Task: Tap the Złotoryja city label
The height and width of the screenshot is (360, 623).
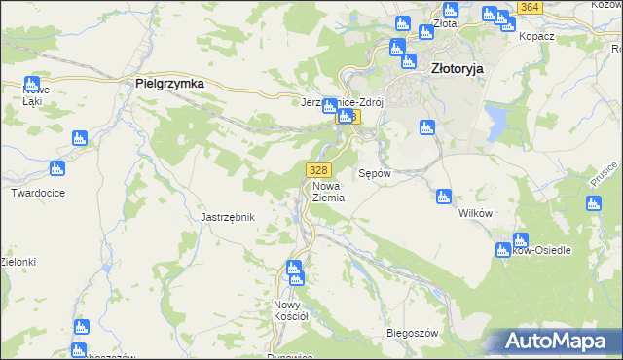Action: (x=458, y=69)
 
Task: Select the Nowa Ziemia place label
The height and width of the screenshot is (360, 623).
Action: (x=329, y=191)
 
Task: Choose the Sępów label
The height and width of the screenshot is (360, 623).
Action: (x=375, y=173)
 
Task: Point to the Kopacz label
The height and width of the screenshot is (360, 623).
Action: (x=536, y=35)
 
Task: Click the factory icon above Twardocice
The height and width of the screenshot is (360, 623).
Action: (x=57, y=168)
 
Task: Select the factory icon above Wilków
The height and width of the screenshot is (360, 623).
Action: (x=444, y=197)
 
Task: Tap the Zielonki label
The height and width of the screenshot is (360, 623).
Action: (x=18, y=262)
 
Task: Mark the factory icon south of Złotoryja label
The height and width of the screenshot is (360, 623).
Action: (x=425, y=127)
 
